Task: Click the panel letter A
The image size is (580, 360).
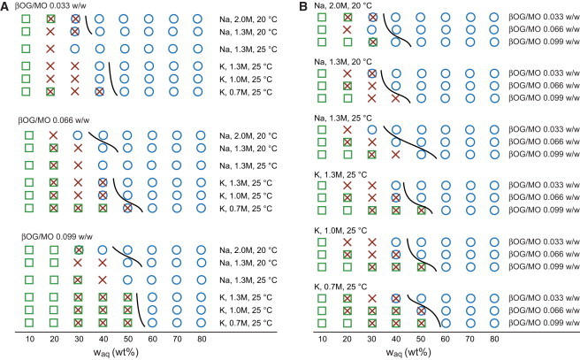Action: click(7, 7)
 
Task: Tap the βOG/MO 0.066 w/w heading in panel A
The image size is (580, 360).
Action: click(56, 117)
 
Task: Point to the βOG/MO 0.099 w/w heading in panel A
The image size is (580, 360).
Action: click(56, 236)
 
